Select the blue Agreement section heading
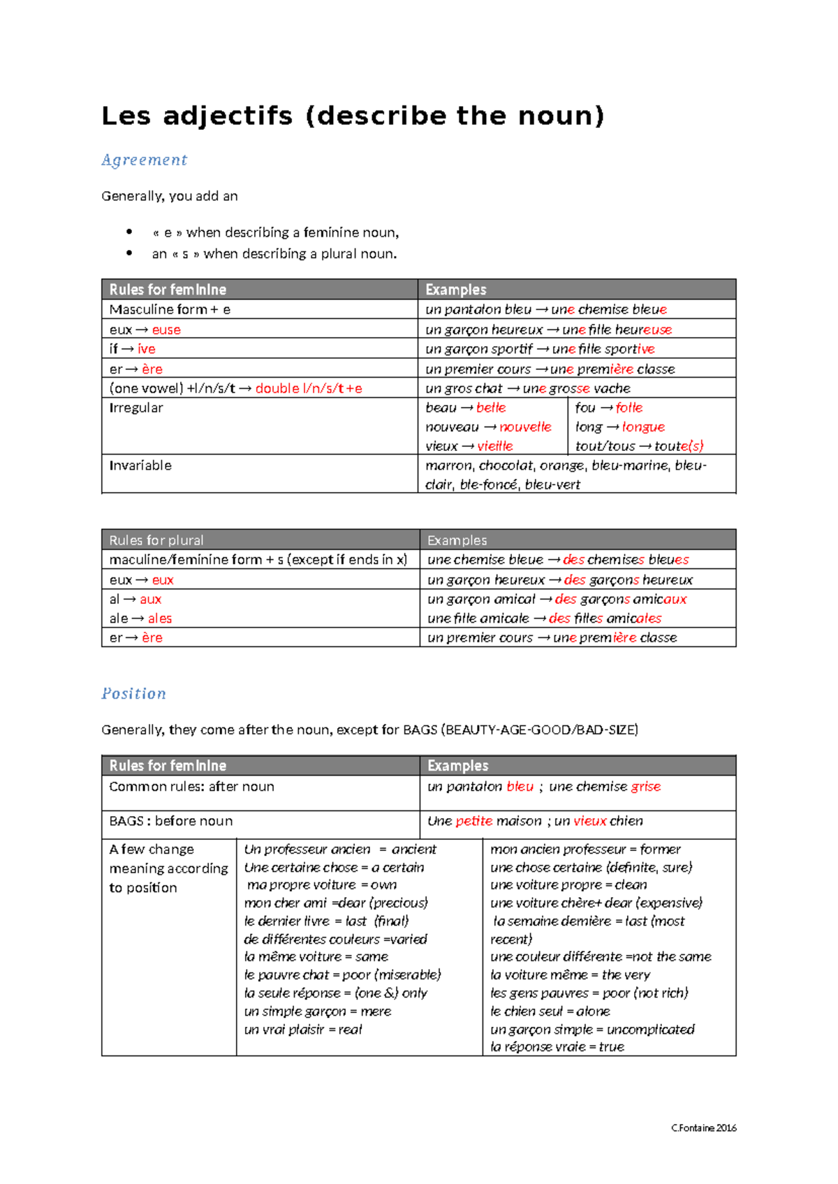144,160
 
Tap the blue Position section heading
133,693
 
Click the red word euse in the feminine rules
166,330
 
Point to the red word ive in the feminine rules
146,349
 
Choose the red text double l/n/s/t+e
309,388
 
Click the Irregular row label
136,408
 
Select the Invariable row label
140,466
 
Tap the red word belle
491,408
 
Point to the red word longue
643,427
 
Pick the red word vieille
495,446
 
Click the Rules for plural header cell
156,540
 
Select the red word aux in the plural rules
150,599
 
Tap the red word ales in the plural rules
159,619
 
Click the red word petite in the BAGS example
474,821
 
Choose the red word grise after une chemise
645,787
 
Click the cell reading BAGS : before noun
171,821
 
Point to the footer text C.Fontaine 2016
703,1128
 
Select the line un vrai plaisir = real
303,1030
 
